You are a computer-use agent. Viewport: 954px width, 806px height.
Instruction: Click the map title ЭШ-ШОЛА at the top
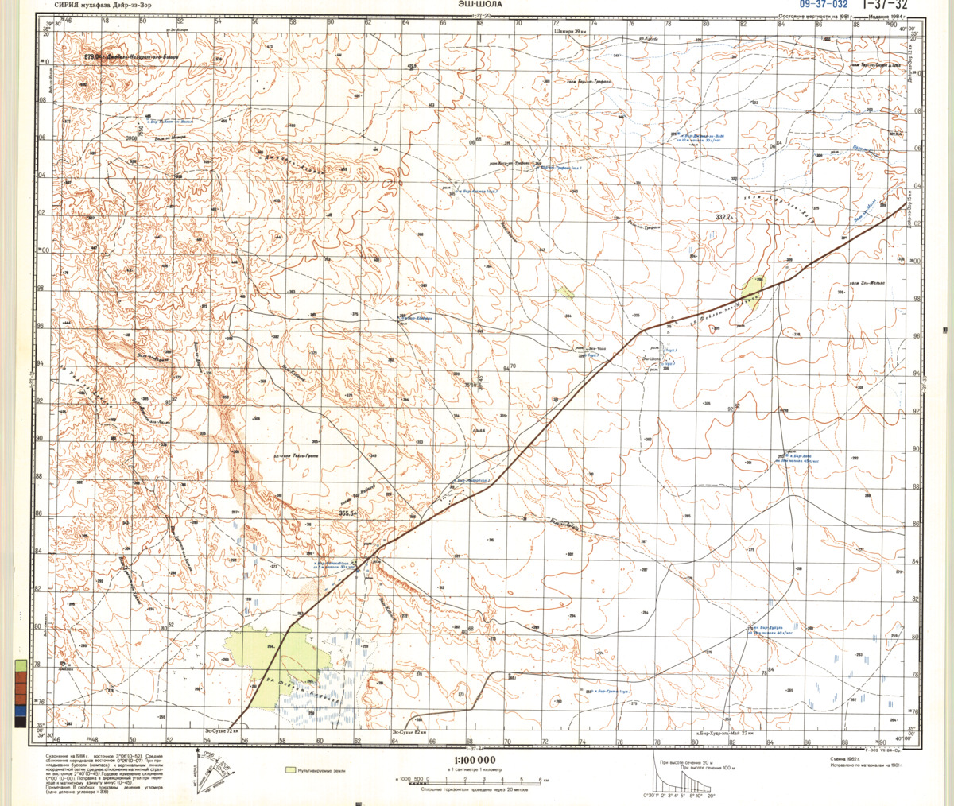479,4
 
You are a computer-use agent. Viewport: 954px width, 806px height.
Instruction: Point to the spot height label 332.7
725,217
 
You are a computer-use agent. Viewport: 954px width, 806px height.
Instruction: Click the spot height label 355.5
347,514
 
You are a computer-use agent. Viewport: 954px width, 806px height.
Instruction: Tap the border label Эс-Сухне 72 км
223,730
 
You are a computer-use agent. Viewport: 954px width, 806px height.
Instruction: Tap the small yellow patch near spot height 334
565,292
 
